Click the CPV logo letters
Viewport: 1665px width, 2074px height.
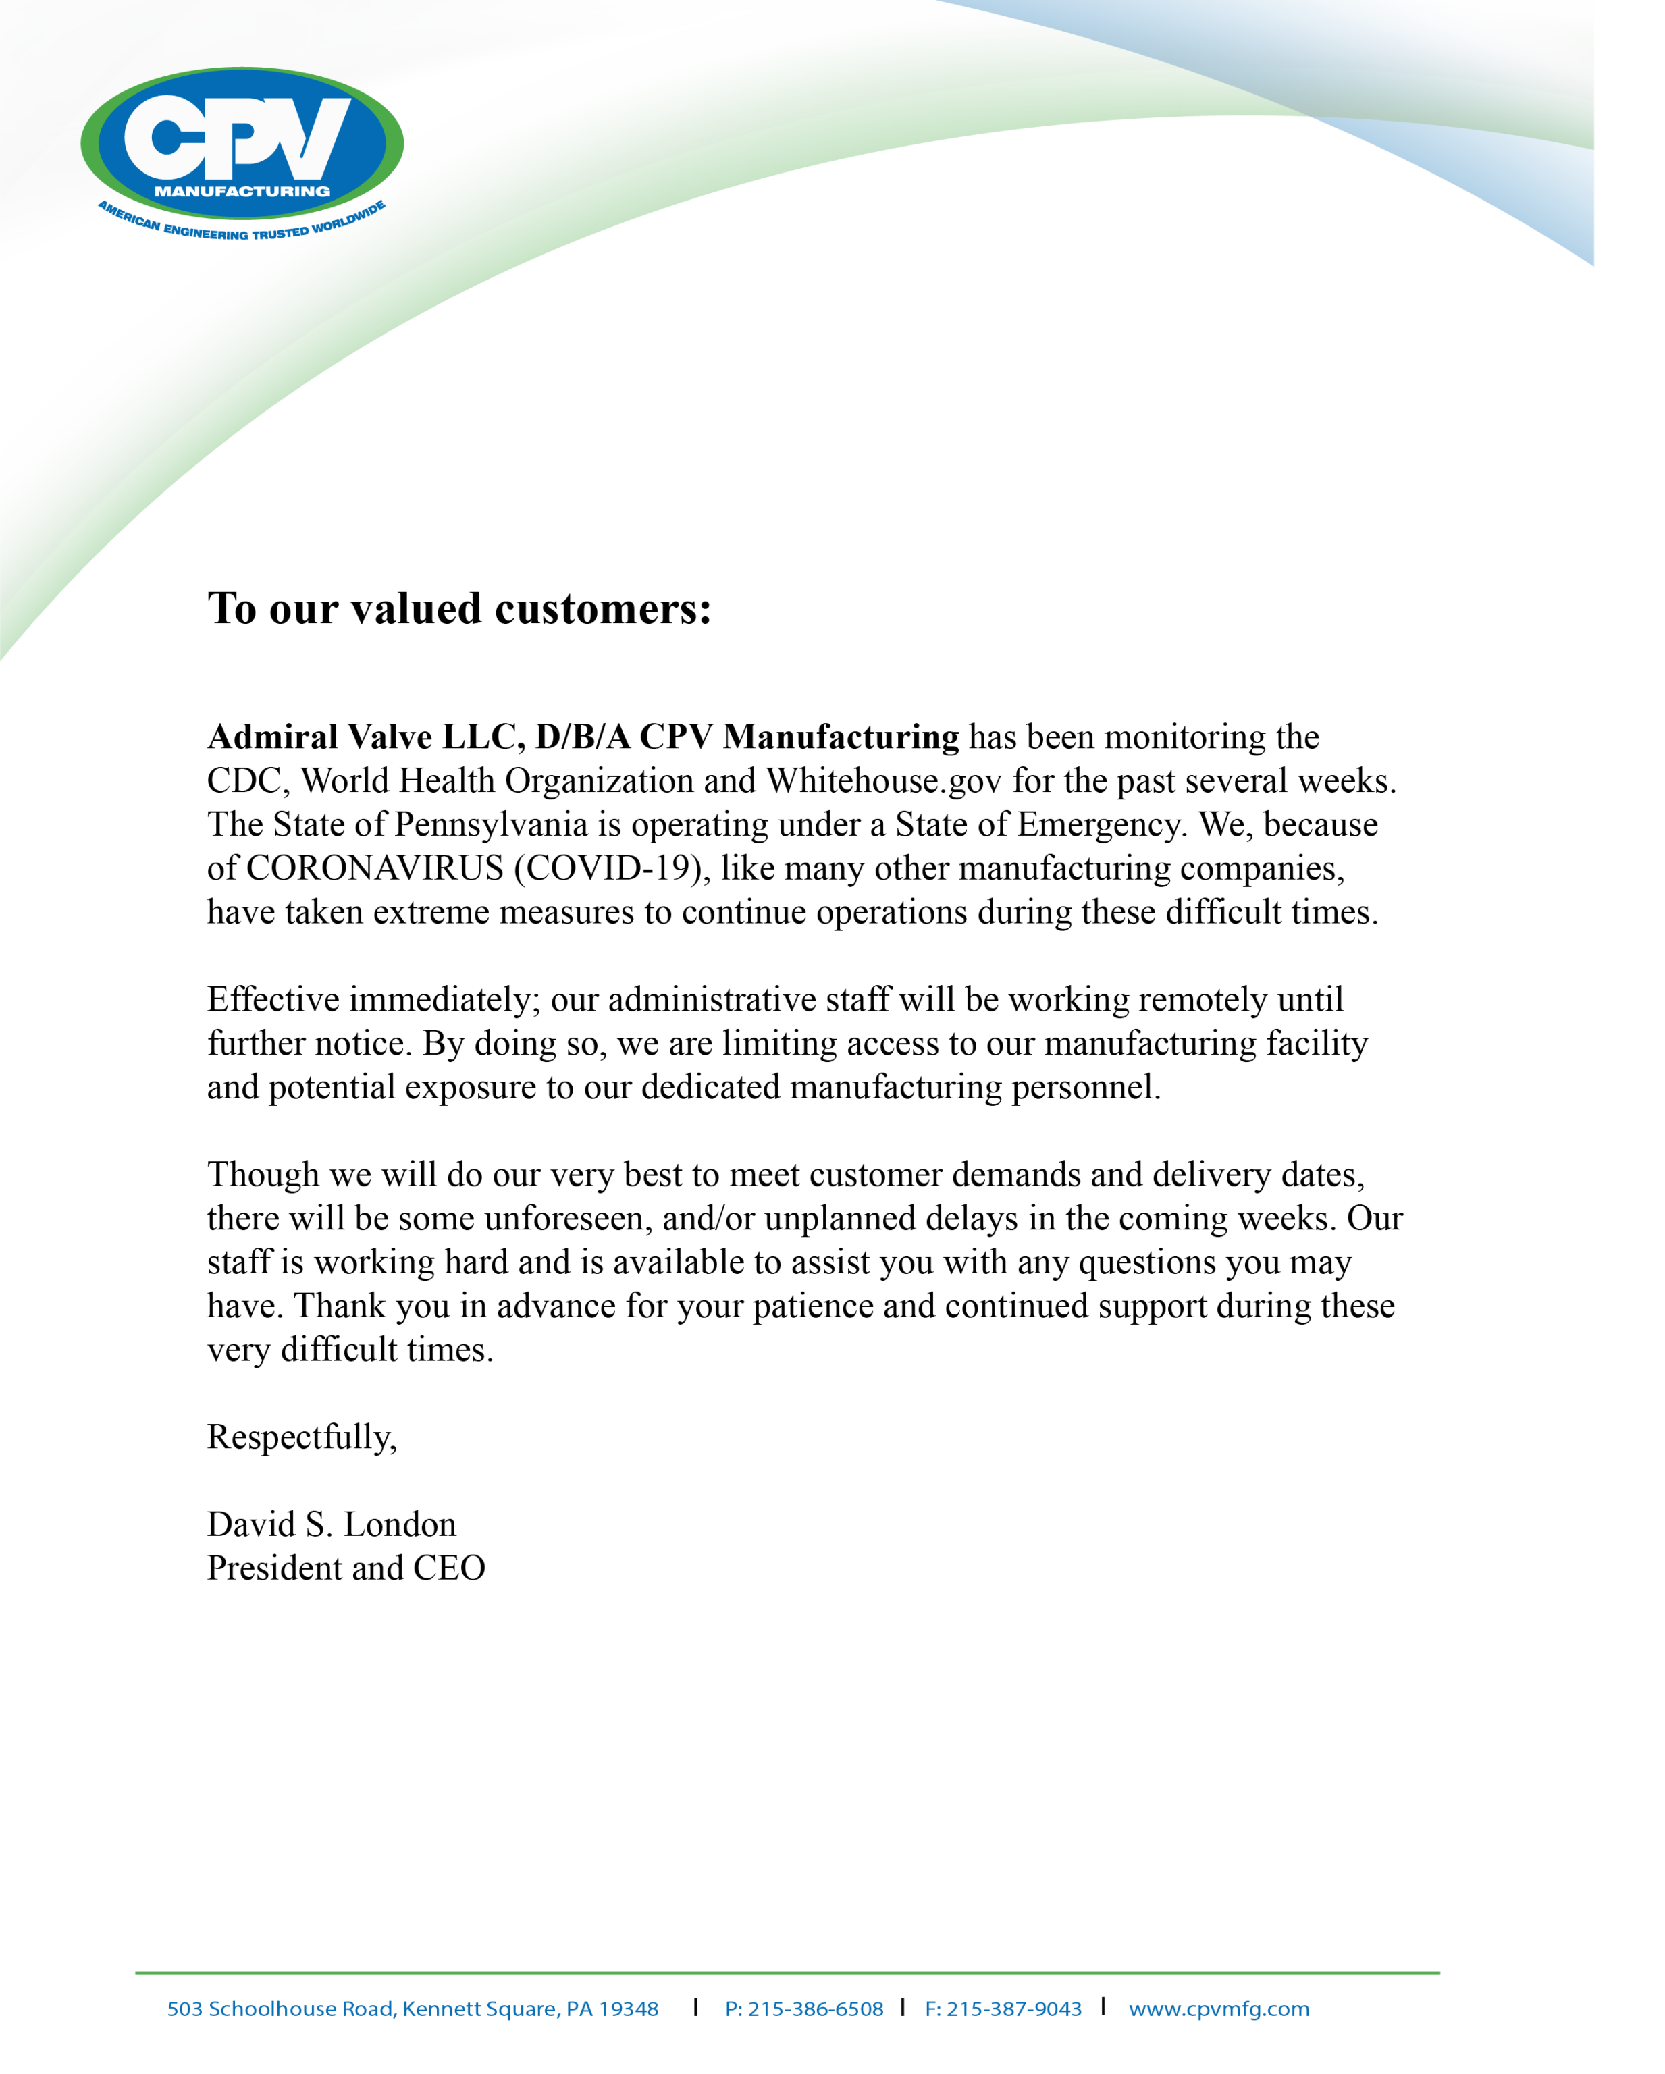pyautogui.click(x=238, y=138)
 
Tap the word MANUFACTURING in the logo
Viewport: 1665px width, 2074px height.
pyautogui.click(x=242, y=192)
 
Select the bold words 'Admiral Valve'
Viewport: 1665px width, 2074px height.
pyautogui.click(x=319, y=737)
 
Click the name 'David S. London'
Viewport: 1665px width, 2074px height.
pyautogui.click(x=332, y=1524)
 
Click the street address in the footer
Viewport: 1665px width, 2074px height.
pyautogui.click(x=413, y=2009)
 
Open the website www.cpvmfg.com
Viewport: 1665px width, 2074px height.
pyautogui.click(x=1219, y=2009)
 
